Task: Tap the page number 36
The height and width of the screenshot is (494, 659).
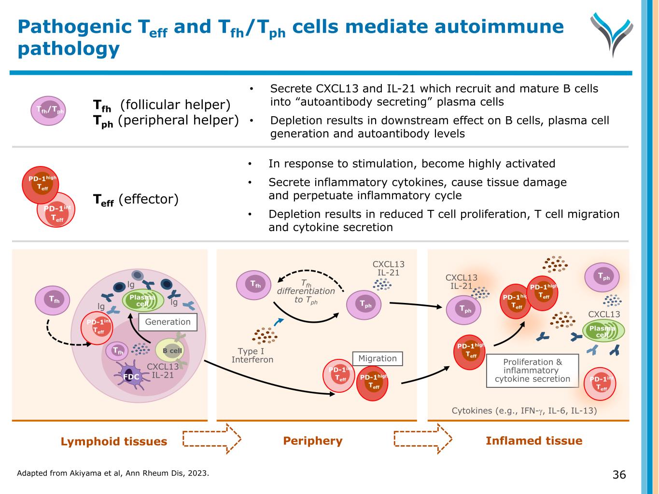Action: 619,475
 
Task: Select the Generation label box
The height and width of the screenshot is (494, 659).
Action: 168,322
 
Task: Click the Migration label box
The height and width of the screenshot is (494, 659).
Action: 378,358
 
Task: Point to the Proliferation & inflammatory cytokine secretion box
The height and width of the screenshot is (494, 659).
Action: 533,370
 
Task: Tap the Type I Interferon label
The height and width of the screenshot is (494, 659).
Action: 252,356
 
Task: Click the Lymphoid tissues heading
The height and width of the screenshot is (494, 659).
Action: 114,441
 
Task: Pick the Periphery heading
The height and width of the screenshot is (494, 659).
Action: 313,441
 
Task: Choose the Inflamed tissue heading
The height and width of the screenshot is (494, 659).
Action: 534,441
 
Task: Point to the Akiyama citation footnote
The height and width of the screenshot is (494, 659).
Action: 113,473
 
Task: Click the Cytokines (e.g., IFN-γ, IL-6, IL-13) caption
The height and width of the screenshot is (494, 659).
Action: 524,411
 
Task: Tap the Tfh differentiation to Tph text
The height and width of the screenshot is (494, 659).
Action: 306,291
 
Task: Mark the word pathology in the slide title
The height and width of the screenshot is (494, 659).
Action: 69,49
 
